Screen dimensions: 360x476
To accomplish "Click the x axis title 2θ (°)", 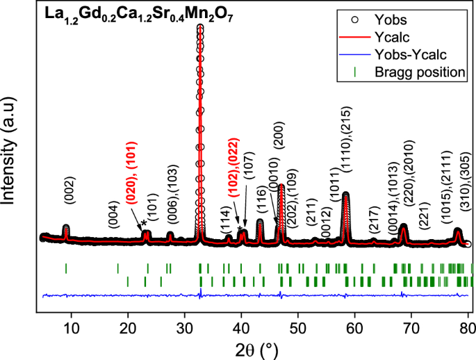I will [x=255, y=346].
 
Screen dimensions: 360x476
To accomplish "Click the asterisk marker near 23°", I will [x=144, y=223].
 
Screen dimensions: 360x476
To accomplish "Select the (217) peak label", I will [x=373, y=221].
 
